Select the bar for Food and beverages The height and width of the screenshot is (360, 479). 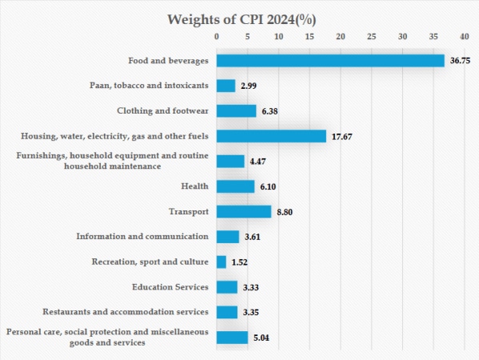click(x=330, y=61)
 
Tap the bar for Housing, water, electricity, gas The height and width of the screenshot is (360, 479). click(x=271, y=136)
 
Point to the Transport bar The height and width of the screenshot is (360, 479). click(x=244, y=211)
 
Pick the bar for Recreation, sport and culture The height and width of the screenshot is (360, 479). click(x=222, y=262)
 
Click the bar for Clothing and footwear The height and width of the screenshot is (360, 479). click(x=236, y=111)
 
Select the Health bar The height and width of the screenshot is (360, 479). click(x=235, y=186)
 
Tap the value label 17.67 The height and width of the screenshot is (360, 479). click(x=341, y=137)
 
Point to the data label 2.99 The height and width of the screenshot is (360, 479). click(x=249, y=86)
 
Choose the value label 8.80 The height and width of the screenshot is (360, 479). click(x=285, y=212)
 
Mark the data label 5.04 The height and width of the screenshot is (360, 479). click(x=262, y=338)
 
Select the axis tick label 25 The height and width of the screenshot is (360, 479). click(x=371, y=37)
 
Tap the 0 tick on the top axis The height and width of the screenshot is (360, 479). click(x=217, y=37)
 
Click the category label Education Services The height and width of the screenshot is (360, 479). click(x=170, y=286)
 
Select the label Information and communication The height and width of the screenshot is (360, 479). click(x=142, y=236)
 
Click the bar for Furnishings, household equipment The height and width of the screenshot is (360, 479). click(x=230, y=161)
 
